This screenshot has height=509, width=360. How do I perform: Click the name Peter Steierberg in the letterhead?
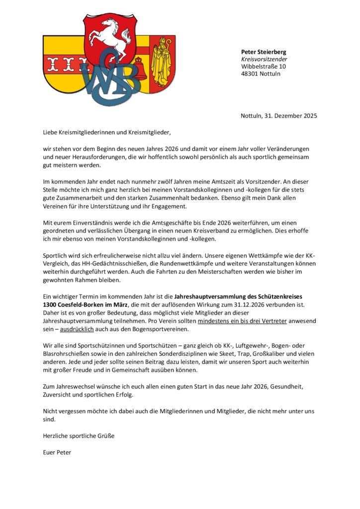click(x=264, y=52)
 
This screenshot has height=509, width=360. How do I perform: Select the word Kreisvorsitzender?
click(x=264, y=59)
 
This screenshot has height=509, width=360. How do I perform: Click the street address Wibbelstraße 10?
click(x=264, y=67)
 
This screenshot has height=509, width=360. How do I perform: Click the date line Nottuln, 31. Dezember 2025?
click(x=278, y=116)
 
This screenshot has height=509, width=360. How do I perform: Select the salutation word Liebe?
click(x=50, y=132)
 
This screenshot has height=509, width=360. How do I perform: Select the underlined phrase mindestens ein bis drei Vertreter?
click(x=242, y=321)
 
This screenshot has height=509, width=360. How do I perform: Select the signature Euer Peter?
click(x=57, y=452)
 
